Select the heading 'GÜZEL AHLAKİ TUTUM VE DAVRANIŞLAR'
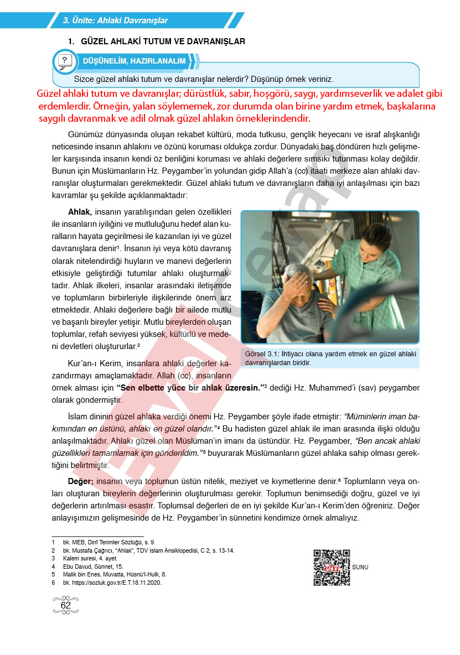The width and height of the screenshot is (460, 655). [163, 41]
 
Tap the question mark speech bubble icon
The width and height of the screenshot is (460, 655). [65, 60]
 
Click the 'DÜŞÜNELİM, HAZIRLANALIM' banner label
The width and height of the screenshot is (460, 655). [134, 61]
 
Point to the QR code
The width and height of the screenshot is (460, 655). [332, 568]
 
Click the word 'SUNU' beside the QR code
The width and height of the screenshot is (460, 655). [360, 567]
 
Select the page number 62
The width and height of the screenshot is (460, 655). [66, 606]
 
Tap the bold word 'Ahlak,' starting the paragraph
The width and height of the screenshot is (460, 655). [80, 212]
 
